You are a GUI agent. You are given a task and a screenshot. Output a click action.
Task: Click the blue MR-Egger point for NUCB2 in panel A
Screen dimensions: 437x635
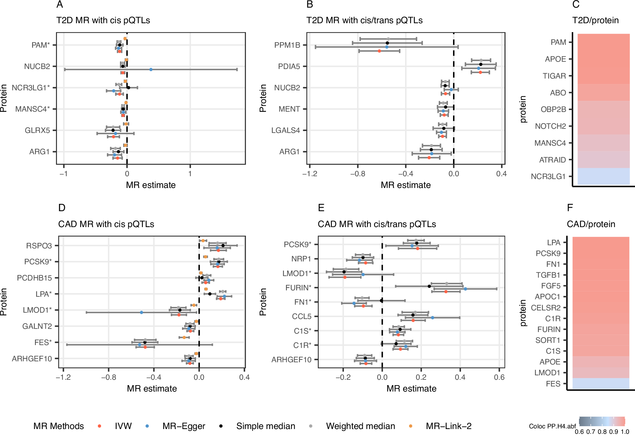coord(151,69)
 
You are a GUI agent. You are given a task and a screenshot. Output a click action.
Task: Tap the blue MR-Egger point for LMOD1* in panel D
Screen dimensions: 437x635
coord(141,312)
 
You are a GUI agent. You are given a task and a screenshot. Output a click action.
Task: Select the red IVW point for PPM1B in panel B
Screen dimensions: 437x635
coord(379,51)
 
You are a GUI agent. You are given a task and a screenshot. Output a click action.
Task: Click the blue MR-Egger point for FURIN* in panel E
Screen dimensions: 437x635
coord(465,289)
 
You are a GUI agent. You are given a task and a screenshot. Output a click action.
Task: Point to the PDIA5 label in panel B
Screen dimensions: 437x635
coord(289,66)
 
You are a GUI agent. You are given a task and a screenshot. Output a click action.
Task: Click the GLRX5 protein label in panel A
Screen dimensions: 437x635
coord(37,130)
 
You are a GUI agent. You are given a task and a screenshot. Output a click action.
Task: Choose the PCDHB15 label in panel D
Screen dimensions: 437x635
coord(34,278)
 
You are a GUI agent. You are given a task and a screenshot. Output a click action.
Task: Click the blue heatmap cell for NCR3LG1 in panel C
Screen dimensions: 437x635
coord(604,176)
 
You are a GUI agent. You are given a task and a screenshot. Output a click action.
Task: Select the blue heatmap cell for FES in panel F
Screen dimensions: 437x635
coord(601,384)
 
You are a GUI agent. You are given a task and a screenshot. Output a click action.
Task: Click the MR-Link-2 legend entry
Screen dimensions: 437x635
coord(449,426)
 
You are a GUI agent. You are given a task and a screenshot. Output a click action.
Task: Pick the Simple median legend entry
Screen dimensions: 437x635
coord(266,426)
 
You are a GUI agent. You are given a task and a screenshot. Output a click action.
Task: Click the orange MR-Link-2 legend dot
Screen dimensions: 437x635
coord(410,426)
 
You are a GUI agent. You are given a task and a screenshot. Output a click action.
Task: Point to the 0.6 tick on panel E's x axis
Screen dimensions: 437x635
coord(499,377)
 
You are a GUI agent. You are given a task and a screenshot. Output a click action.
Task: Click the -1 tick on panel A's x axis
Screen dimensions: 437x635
coord(64,174)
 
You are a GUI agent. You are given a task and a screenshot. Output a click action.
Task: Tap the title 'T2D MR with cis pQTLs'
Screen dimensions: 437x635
coord(103,20)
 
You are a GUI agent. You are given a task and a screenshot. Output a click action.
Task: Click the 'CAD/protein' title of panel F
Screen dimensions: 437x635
coord(591,224)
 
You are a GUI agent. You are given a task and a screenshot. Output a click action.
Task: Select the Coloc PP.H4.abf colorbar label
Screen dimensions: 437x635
coord(552,426)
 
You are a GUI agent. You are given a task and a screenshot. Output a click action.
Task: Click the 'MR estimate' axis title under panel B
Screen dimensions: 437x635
coord(406,185)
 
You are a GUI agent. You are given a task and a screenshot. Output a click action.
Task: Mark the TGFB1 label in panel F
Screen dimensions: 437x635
coord(548,275)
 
